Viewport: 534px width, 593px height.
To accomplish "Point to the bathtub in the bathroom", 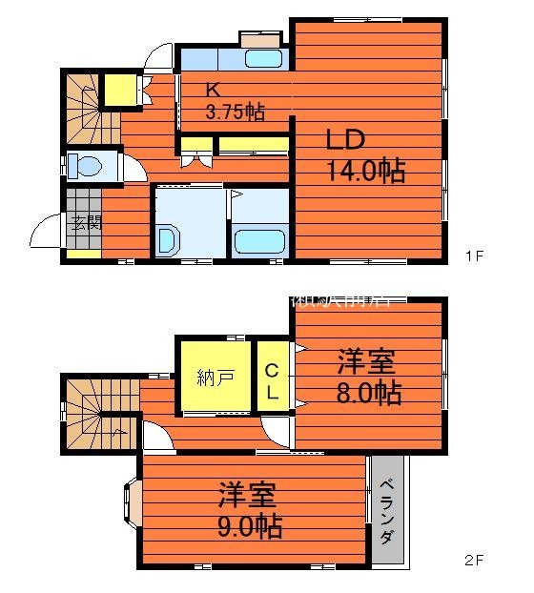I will point(259,241).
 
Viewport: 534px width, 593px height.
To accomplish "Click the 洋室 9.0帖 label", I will point(249,511).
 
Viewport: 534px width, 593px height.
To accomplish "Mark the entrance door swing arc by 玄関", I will point(45,232).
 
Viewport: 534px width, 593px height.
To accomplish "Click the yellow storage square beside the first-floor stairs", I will point(119,92).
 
